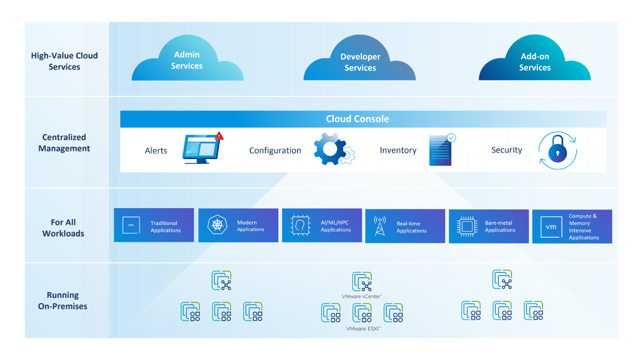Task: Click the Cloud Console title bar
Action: coord(357,119)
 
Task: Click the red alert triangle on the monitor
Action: coord(219,136)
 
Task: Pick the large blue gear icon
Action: coord(331,148)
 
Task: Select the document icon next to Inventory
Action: coord(441,151)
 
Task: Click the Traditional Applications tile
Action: coord(154,225)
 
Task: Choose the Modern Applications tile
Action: coord(238,225)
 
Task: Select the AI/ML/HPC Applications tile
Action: coord(322,225)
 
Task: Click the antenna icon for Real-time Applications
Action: coord(380,226)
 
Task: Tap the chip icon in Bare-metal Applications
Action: coord(467,226)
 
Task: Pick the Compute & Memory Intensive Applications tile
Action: coord(572,227)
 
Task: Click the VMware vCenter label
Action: coord(361,296)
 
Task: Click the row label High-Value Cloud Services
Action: coord(65,61)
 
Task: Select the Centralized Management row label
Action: coord(64,143)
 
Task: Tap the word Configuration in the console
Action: coord(275,150)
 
